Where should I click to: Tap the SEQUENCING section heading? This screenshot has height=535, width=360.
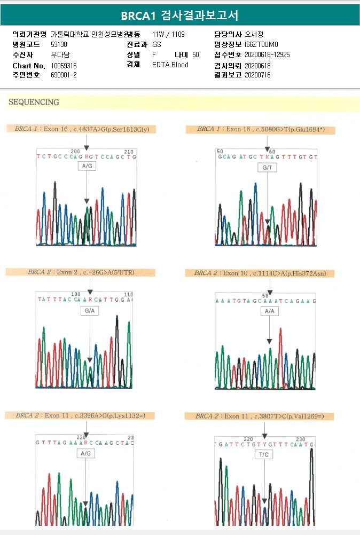pos(34,102)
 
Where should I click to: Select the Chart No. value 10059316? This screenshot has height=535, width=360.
pos(64,66)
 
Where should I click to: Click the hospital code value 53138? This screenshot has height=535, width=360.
pos(59,45)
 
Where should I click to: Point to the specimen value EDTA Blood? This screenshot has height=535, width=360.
pos(170,65)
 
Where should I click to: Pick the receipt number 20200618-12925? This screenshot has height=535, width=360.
pos(267,55)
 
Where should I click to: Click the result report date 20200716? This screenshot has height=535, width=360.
pos(257,75)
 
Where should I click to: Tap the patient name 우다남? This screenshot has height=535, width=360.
pos(60,55)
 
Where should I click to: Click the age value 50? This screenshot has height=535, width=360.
pos(195,55)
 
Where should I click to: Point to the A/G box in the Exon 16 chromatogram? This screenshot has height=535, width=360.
pos(87,167)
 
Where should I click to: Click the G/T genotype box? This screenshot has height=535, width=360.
pos(267,168)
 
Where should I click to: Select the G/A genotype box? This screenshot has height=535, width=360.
pos(90,310)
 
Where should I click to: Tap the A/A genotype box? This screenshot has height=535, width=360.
pos(269,311)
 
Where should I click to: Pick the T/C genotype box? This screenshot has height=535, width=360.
pos(264,455)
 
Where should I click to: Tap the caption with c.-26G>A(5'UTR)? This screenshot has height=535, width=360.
pos(81,272)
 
